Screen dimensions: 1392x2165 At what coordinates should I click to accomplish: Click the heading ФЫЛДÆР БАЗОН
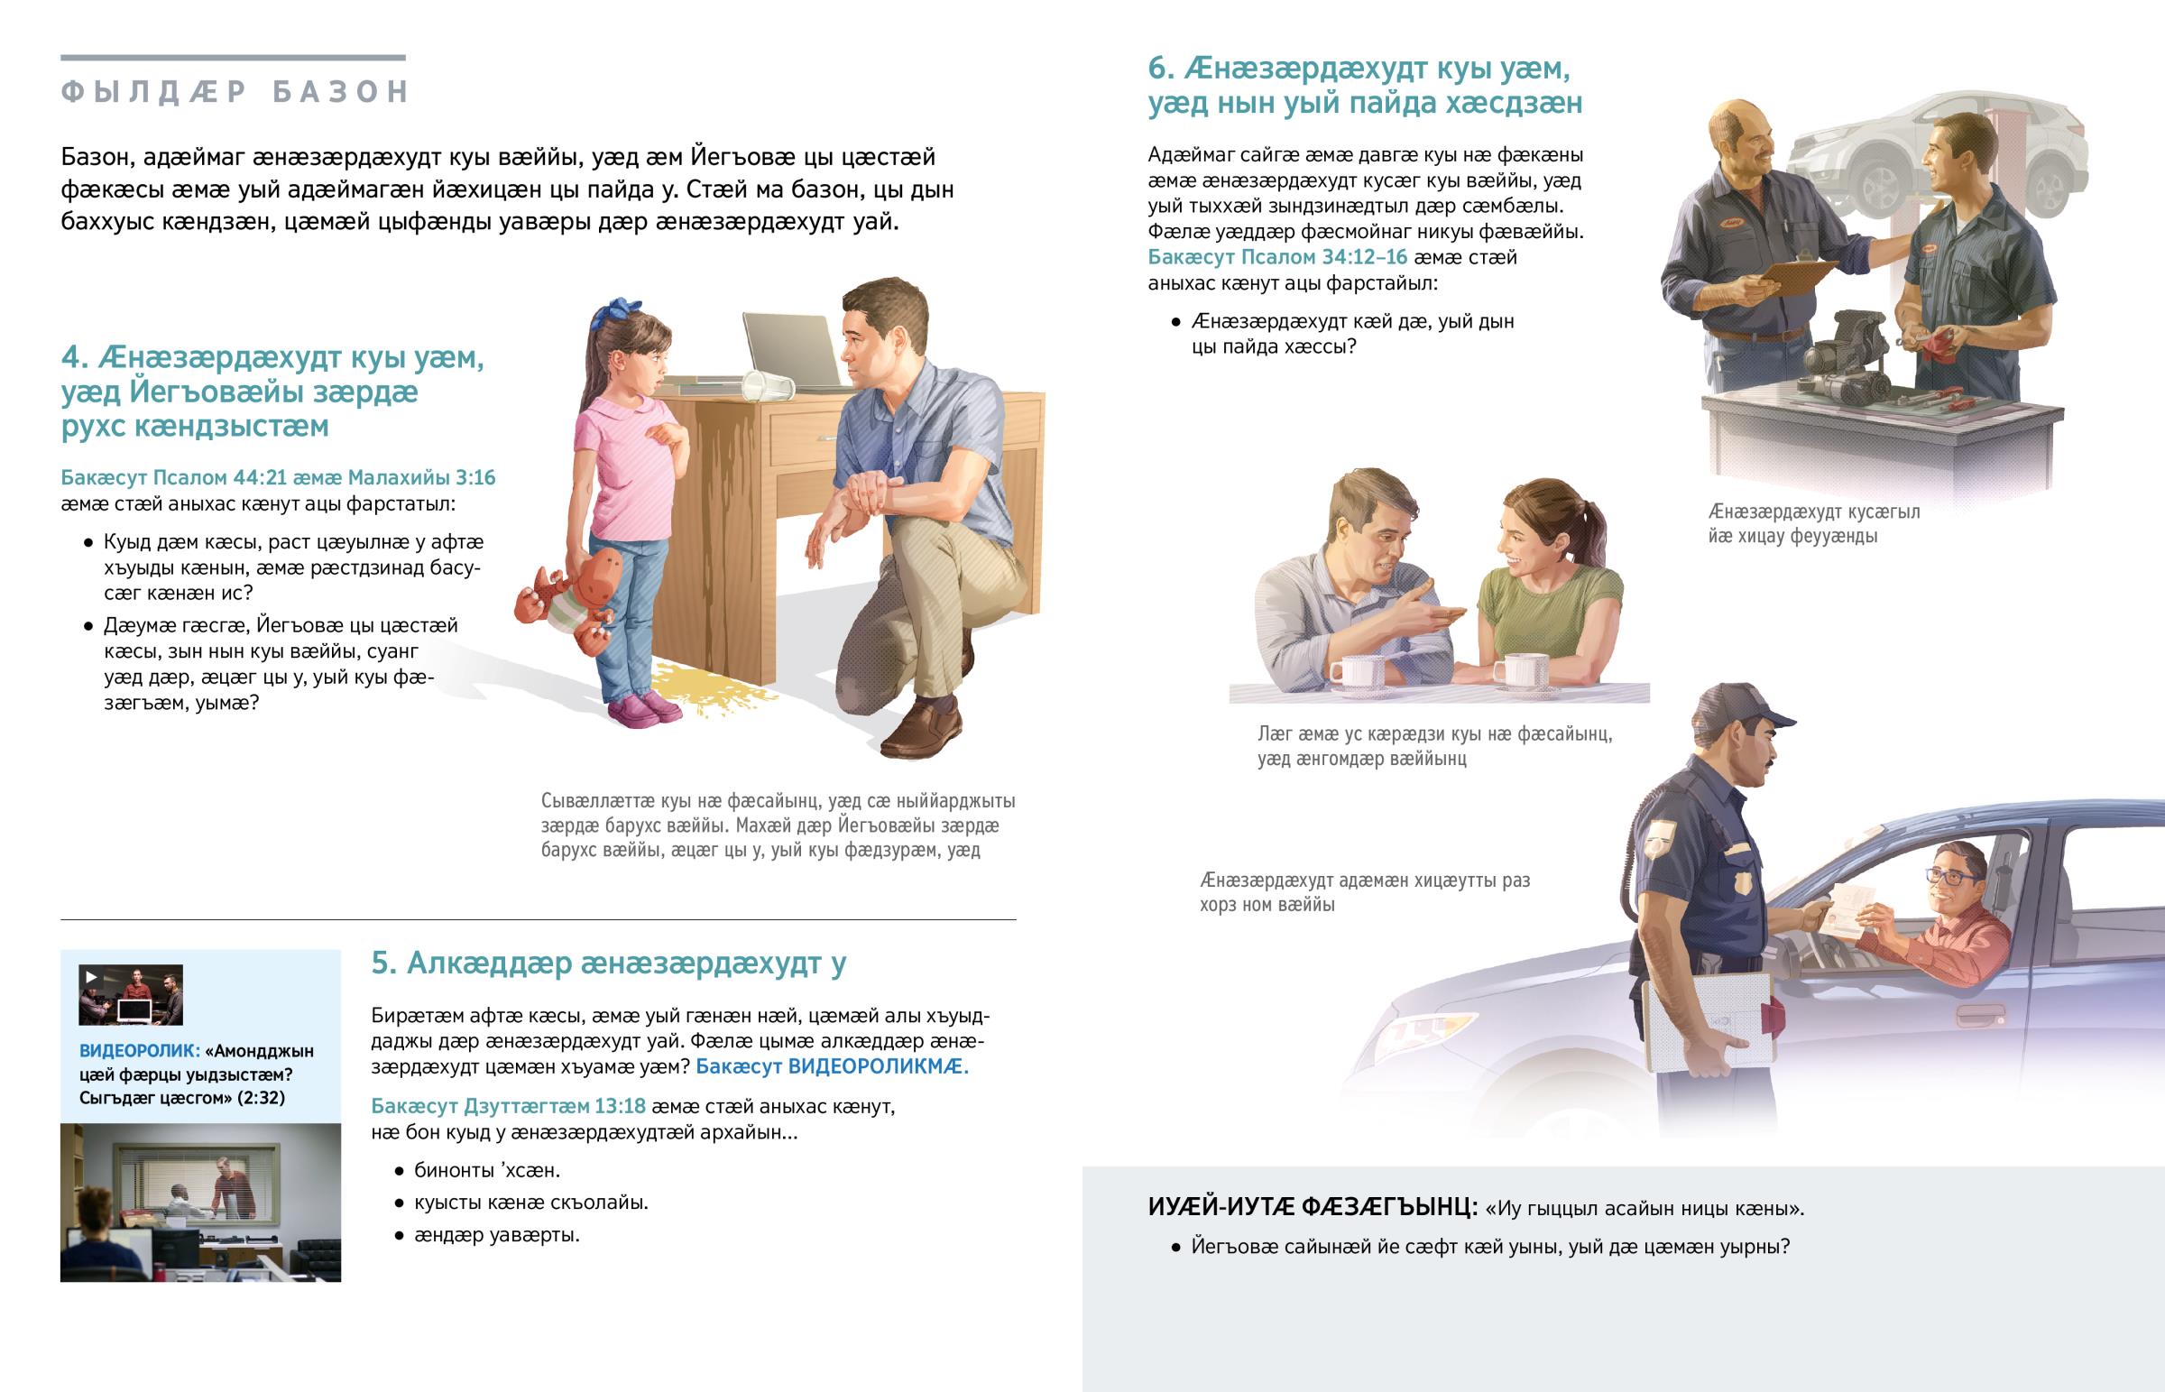pos(235,91)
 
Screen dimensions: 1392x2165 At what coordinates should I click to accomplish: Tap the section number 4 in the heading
pos(71,359)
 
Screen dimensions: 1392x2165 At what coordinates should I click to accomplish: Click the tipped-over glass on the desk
pos(767,386)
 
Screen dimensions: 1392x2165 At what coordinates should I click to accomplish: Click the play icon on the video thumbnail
pos(91,976)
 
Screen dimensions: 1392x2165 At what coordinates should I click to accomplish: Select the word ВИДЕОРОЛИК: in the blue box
pos(139,1050)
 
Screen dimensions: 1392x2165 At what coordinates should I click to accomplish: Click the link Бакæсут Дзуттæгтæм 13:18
pos(509,1105)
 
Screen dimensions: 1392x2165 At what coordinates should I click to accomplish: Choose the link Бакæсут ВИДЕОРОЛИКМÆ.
pos(832,1066)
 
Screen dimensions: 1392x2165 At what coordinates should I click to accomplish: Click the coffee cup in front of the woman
pos(1520,670)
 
